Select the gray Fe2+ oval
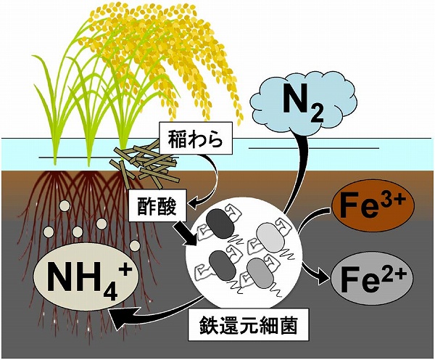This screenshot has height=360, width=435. click(x=372, y=276)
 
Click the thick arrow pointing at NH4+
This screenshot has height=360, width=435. click(x=145, y=311)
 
